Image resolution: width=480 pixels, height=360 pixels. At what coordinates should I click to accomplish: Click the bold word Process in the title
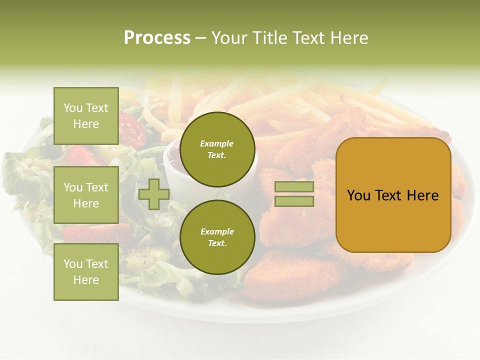[x=157, y=38]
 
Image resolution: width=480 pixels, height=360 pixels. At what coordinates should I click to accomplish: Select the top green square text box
[x=86, y=116]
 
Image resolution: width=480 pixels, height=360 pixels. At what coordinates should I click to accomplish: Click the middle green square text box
[x=86, y=195]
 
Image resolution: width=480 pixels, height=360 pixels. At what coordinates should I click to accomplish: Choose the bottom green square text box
[x=86, y=272]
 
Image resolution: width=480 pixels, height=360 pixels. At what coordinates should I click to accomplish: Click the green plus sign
[x=154, y=194]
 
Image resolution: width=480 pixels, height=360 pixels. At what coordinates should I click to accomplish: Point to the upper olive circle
[x=217, y=149]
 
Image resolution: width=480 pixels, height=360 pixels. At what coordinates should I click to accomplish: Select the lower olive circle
[x=217, y=237]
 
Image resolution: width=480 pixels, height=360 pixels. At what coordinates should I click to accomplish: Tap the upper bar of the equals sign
[x=294, y=187]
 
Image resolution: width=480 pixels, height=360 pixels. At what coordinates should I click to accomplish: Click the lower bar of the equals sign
[x=294, y=201]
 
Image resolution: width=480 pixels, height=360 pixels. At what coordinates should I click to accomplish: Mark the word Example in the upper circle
[x=217, y=143]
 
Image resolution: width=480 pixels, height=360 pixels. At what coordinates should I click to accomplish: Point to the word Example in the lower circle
[x=217, y=231]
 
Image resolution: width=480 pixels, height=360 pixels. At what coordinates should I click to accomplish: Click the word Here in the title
[x=350, y=38]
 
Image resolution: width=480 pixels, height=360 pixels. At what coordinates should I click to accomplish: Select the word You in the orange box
[x=358, y=195]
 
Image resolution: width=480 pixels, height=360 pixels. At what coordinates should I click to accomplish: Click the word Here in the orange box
[x=423, y=195]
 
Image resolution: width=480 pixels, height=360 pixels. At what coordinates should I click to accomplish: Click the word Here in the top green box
[x=86, y=124]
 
